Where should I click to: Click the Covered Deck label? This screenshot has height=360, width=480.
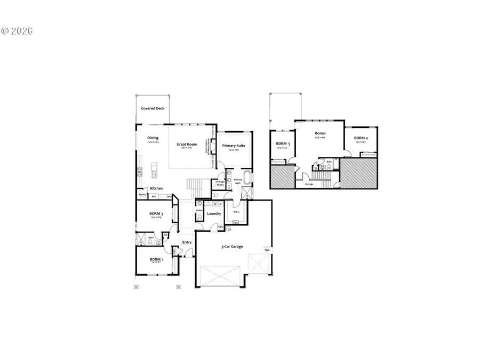(153, 108)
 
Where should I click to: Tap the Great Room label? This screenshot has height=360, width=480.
(187, 144)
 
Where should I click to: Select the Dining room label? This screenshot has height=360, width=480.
(153, 138)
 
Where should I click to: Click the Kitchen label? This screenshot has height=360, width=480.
(156, 188)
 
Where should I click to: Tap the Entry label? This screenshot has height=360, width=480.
(187, 242)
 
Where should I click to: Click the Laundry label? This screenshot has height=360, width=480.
(214, 214)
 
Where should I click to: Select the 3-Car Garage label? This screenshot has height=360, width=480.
(233, 246)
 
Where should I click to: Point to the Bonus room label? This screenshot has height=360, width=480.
(320, 134)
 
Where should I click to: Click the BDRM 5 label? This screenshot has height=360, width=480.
(283, 143)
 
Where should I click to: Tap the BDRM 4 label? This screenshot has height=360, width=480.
(360, 139)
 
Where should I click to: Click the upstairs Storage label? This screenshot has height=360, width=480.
(309, 184)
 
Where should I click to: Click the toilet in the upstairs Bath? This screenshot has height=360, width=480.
(330, 167)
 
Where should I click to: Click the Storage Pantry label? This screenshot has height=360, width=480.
(220, 183)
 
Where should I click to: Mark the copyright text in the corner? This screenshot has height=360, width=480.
(18, 31)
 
